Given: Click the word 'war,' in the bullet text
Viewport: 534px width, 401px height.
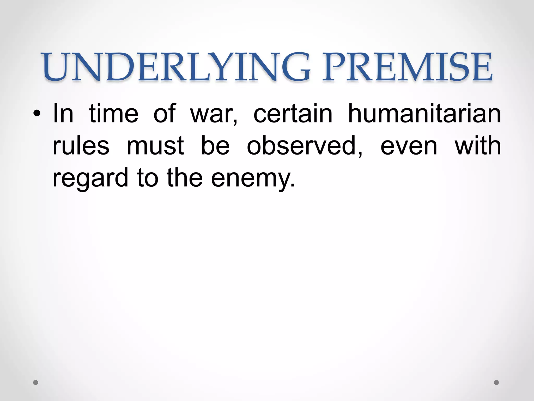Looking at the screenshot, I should pyautogui.click(x=214, y=114).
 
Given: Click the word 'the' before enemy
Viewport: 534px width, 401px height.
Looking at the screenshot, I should pyautogui.click(x=185, y=178).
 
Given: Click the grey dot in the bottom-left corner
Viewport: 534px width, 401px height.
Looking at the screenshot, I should pyautogui.click(x=36, y=382).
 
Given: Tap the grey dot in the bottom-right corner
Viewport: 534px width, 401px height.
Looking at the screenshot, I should pyautogui.click(x=496, y=382).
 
